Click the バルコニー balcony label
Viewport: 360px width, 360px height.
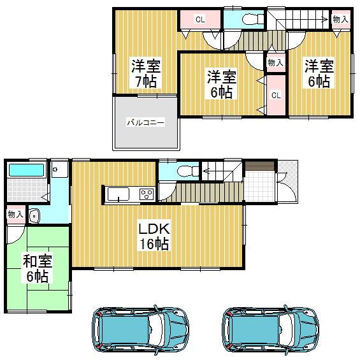coord(145,122)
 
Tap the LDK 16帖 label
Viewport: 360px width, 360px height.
coord(154,235)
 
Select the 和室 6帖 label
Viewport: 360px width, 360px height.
coord(36,268)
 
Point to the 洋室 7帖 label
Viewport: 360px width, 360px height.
coord(145,73)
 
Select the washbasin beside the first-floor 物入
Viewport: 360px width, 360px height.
coord(34,216)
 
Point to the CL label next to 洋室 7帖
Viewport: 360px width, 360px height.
coord(199,19)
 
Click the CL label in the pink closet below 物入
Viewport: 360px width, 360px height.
coord(276,95)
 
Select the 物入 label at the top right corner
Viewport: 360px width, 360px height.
coord(340,20)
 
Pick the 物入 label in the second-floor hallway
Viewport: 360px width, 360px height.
coord(275,62)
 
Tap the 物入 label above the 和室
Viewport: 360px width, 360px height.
coord(15,215)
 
